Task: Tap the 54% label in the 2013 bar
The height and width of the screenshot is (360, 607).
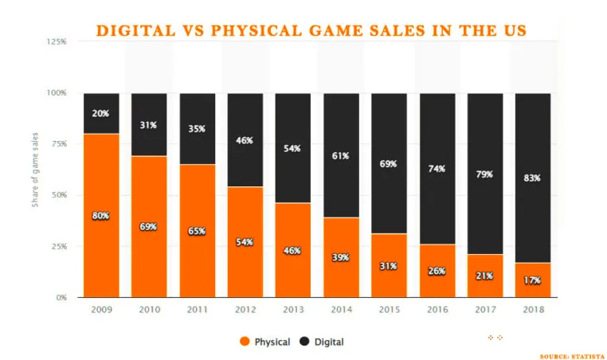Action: point(292,148)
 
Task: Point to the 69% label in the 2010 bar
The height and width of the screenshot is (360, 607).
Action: point(148,226)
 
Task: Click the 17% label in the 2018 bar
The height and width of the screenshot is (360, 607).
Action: point(532,280)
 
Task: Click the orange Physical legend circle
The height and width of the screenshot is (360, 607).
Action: point(245,342)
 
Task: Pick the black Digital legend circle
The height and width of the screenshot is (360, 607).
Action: point(304,342)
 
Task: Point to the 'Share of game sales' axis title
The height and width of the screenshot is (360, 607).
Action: point(35,170)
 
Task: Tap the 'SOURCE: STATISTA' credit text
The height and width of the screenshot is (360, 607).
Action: point(571,355)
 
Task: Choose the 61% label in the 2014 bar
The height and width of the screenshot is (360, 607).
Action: point(340,156)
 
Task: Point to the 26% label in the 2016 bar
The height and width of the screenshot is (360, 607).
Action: point(436,270)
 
